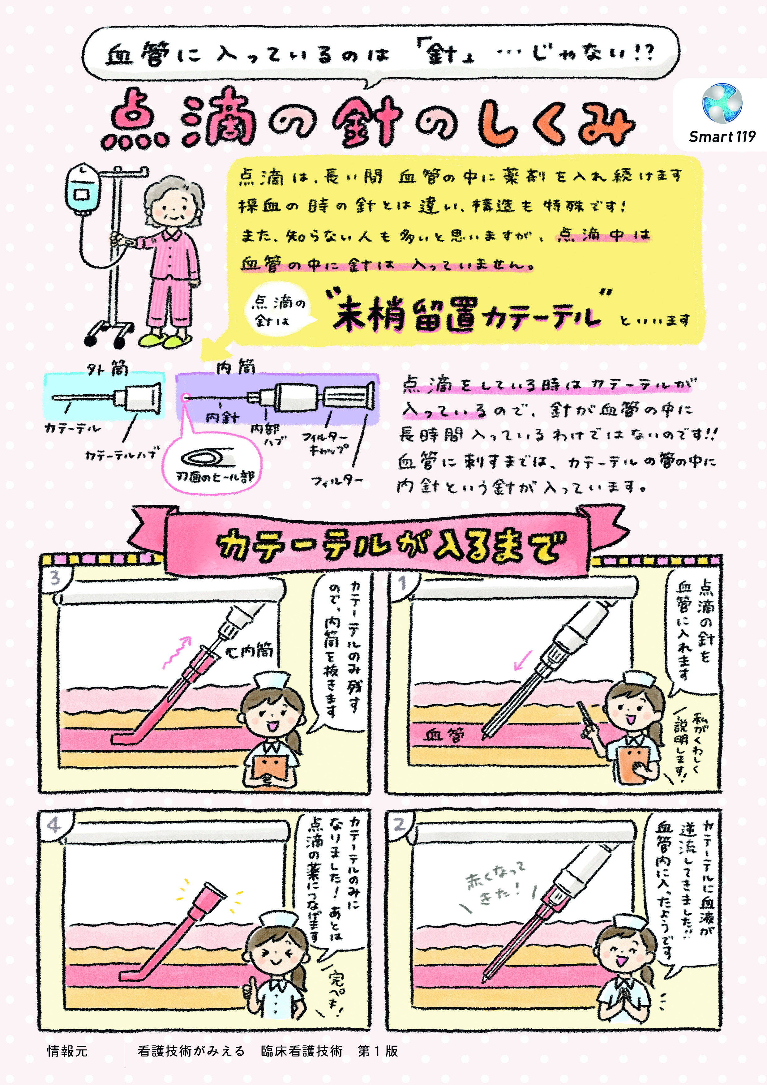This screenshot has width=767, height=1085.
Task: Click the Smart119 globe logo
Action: [722, 103]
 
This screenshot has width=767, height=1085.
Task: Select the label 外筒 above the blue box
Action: [107, 367]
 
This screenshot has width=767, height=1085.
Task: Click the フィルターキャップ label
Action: [327, 443]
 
